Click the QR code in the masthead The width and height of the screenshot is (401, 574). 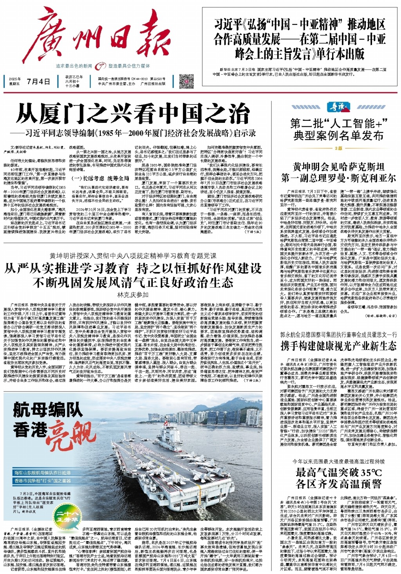(186, 81)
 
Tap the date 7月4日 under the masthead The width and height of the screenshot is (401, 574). (38, 82)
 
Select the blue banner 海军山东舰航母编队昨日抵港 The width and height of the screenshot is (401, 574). (43, 473)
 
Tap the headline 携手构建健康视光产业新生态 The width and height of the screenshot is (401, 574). (338, 346)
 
